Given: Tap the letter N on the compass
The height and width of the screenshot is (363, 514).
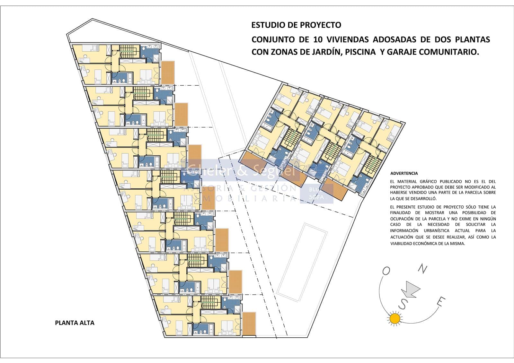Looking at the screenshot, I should tap(424, 270).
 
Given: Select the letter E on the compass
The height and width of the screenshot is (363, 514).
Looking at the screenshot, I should tap(441, 301).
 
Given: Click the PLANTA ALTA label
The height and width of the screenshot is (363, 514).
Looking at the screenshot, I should tap(75, 323).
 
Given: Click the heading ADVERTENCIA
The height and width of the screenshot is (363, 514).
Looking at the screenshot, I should tap(404, 173).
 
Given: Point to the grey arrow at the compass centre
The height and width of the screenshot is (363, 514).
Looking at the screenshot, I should tap(409, 288).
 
